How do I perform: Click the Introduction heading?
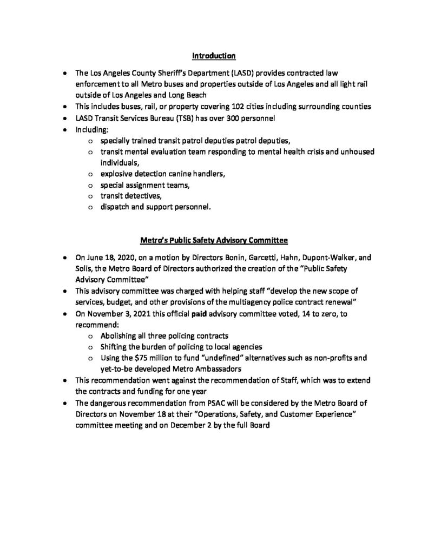pyautogui.click(x=214, y=55)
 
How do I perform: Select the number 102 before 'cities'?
pyautogui.click(x=226, y=107)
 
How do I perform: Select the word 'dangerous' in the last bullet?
pyautogui.click(x=109, y=404)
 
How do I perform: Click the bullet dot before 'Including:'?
pyautogui.click(x=65, y=130)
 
